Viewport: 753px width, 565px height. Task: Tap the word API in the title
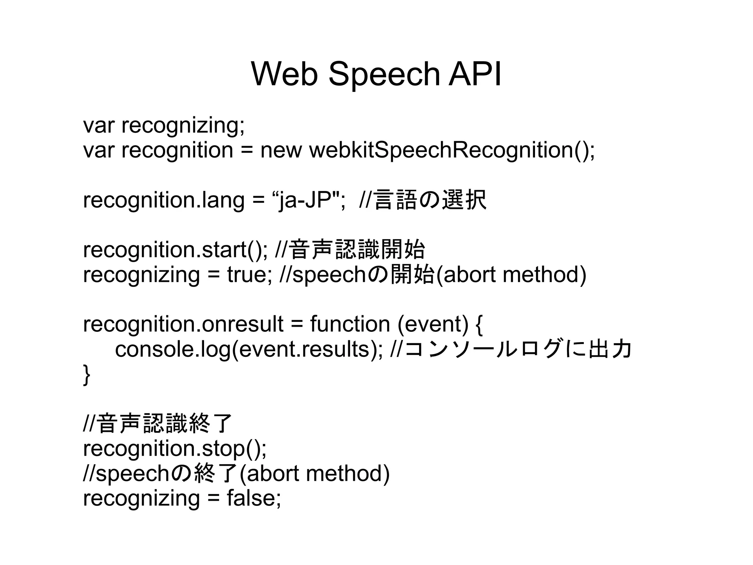[x=475, y=74]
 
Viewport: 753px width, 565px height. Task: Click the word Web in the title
[x=284, y=74]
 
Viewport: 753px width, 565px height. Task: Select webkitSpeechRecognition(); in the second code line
[x=452, y=150]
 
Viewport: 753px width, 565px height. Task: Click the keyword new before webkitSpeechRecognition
[x=281, y=150]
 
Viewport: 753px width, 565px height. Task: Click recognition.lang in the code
[x=164, y=200]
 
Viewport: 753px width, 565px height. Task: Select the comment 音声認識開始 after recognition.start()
[x=357, y=250]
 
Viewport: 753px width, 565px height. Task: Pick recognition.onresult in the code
[x=183, y=324]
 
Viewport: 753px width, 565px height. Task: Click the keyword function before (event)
[x=350, y=324]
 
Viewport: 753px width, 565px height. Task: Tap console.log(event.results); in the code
[x=249, y=349]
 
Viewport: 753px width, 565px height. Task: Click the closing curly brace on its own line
[x=87, y=374]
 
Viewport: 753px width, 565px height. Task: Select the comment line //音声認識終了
[x=158, y=423]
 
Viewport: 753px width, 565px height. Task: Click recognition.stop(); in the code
[x=175, y=448]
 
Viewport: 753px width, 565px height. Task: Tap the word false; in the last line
[x=254, y=498]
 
